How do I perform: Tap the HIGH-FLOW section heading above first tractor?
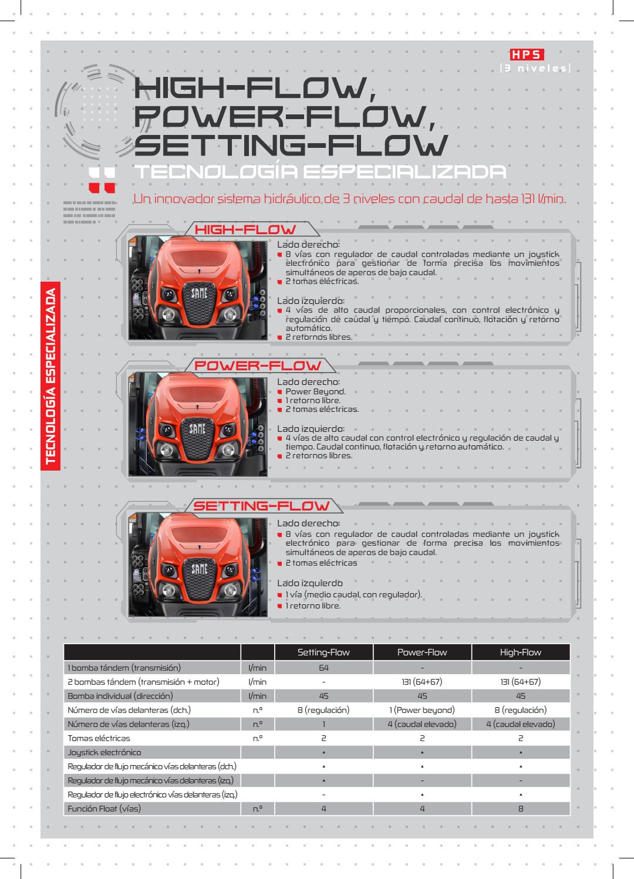coord(245,229)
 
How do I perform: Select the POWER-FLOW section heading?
coord(258,365)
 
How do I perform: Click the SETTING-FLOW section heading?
coord(262,505)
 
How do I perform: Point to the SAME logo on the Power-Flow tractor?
coord(197,430)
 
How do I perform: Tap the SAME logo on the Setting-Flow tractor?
coord(197,569)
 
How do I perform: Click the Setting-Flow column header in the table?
coord(323,652)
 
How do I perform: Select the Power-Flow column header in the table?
coord(422,652)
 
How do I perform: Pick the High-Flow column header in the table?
coord(521,652)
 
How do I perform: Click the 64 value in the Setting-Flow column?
coord(323,668)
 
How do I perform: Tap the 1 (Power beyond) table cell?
coord(422,710)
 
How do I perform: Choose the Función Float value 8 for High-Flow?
coord(521,809)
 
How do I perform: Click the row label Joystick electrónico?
coord(104,752)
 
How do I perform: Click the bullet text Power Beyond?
coord(315,391)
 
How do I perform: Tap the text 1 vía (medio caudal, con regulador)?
coord(353,595)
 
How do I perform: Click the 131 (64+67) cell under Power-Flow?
coord(422,682)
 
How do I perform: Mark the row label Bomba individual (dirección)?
coord(120,696)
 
